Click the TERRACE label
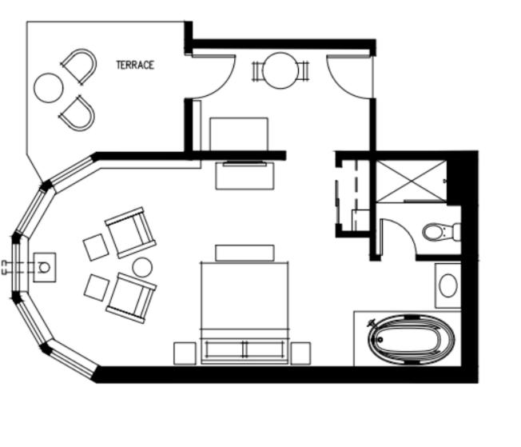point(135,65)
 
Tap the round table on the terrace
point(49,88)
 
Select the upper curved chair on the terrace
point(80,66)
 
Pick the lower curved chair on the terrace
point(78,113)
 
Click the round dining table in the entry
point(280,70)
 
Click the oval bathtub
point(411,339)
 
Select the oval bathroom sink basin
point(448,285)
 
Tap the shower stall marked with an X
point(411,182)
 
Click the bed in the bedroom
point(245,313)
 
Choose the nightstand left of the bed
point(185,353)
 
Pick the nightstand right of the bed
point(300,353)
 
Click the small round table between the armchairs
point(142,267)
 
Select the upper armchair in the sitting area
point(130,233)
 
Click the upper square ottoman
point(96,247)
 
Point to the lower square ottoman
point(97,287)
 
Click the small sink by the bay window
point(45,267)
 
